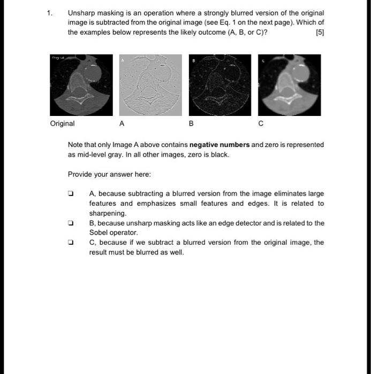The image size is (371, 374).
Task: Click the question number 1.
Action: click(x=49, y=12)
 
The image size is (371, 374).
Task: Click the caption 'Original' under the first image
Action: click(x=63, y=123)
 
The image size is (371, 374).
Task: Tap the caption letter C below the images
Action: click(x=261, y=123)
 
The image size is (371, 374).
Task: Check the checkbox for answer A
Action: click(x=70, y=194)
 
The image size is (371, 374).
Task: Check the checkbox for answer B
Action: click(x=70, y=223)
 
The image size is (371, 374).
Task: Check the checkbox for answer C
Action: click(x=70, y=243)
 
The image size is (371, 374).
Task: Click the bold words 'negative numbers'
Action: click(x=219, y=145)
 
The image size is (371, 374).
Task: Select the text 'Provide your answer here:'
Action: click(x=109, y=174)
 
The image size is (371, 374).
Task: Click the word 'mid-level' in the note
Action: click(x=93, y=154)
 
